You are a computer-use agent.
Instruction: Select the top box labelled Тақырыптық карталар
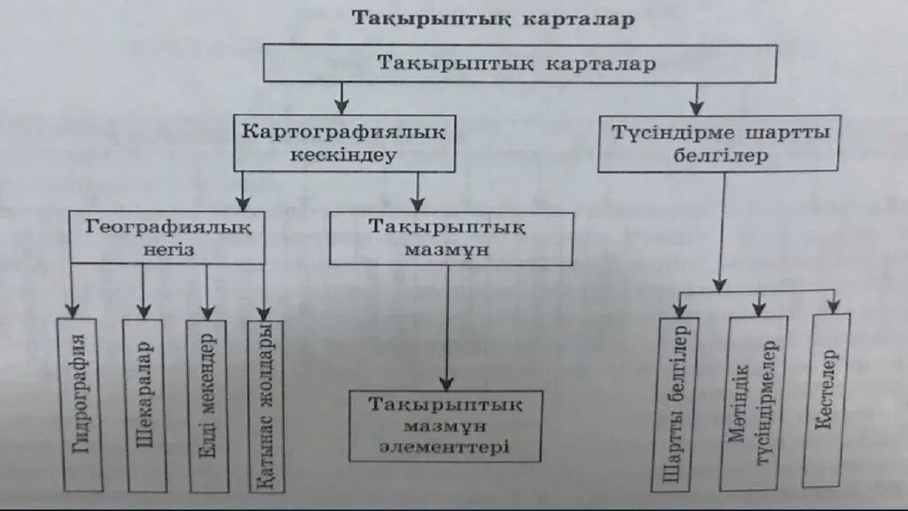point(520,64)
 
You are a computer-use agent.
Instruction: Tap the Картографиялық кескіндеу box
point(344,142)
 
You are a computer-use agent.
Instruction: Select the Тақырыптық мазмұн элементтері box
point(445,425)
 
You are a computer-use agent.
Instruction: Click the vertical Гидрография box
point(82,405)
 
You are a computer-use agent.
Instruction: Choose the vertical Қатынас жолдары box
point(265,405)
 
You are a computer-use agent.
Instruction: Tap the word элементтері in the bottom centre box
point(445,446)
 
